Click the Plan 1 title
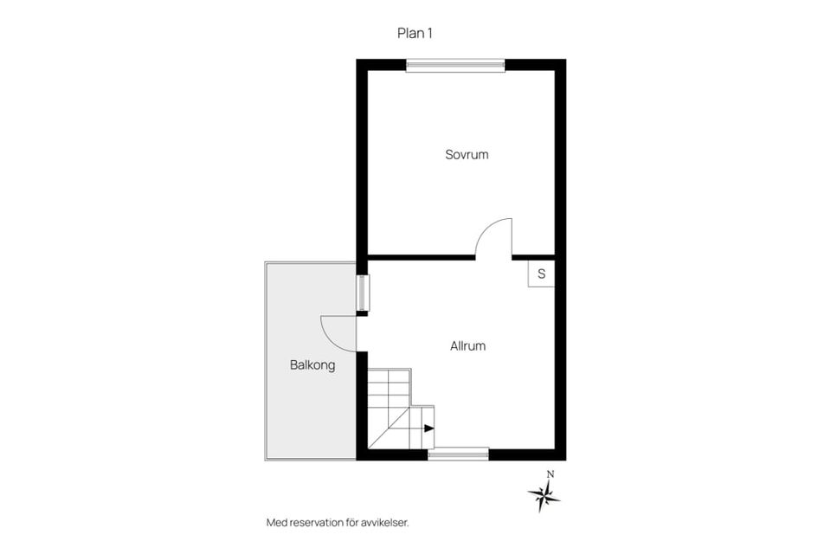(x=415, y=34)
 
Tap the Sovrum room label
(x=467, y=155)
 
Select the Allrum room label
(x=467, y=346)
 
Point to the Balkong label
(x=312, y=365)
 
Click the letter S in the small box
(x=541, y=274)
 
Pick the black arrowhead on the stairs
(x=429, y=428)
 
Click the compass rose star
(x=544, y=496)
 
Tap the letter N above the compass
(x=551, y=474)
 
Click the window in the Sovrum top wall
(x=455, y=65)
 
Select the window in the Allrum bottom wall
(x=459, y=454)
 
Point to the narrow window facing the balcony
(x=363, y=293)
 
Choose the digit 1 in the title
(x=429, y=34)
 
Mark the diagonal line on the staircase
(x=389, y=428)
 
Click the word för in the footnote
(x=352, y=523)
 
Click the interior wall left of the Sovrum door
(x=422, y=258)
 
